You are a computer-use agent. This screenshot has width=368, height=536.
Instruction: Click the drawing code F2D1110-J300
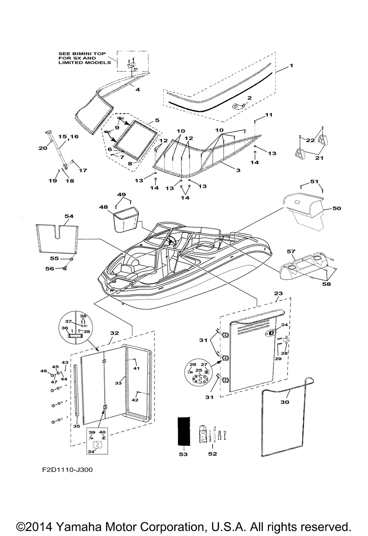pyautogui.click(x=67, y=470)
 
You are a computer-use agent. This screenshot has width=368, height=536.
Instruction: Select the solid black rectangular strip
pyautogui.click(x=184, y=431)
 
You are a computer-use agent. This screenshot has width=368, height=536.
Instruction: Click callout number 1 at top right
pyautogui.click(x=291, y=65)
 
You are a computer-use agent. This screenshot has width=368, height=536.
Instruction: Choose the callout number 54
pyautogui.click(x=69, y=216)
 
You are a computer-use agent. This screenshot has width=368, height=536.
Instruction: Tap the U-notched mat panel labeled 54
pyautogui.click(x=57, y=239)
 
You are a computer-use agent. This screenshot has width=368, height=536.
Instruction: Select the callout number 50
pyautogui.click(x=336, y=208)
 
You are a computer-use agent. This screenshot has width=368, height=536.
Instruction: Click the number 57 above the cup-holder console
pyautogui.click(x=291, y=251)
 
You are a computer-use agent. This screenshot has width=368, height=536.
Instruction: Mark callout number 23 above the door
pyautogui.click(x=279, y=293)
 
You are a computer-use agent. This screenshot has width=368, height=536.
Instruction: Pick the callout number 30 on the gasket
pyautogui.click(x=285, y=402)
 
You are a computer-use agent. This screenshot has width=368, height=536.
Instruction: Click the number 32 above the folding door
pyautogui.click(x=114, y=333)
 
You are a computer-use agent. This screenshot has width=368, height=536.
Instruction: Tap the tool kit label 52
pyautogui.click(x=212, y=454)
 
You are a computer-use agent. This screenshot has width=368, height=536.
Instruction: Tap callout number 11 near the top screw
pyautogui.click(x=269, y=115)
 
